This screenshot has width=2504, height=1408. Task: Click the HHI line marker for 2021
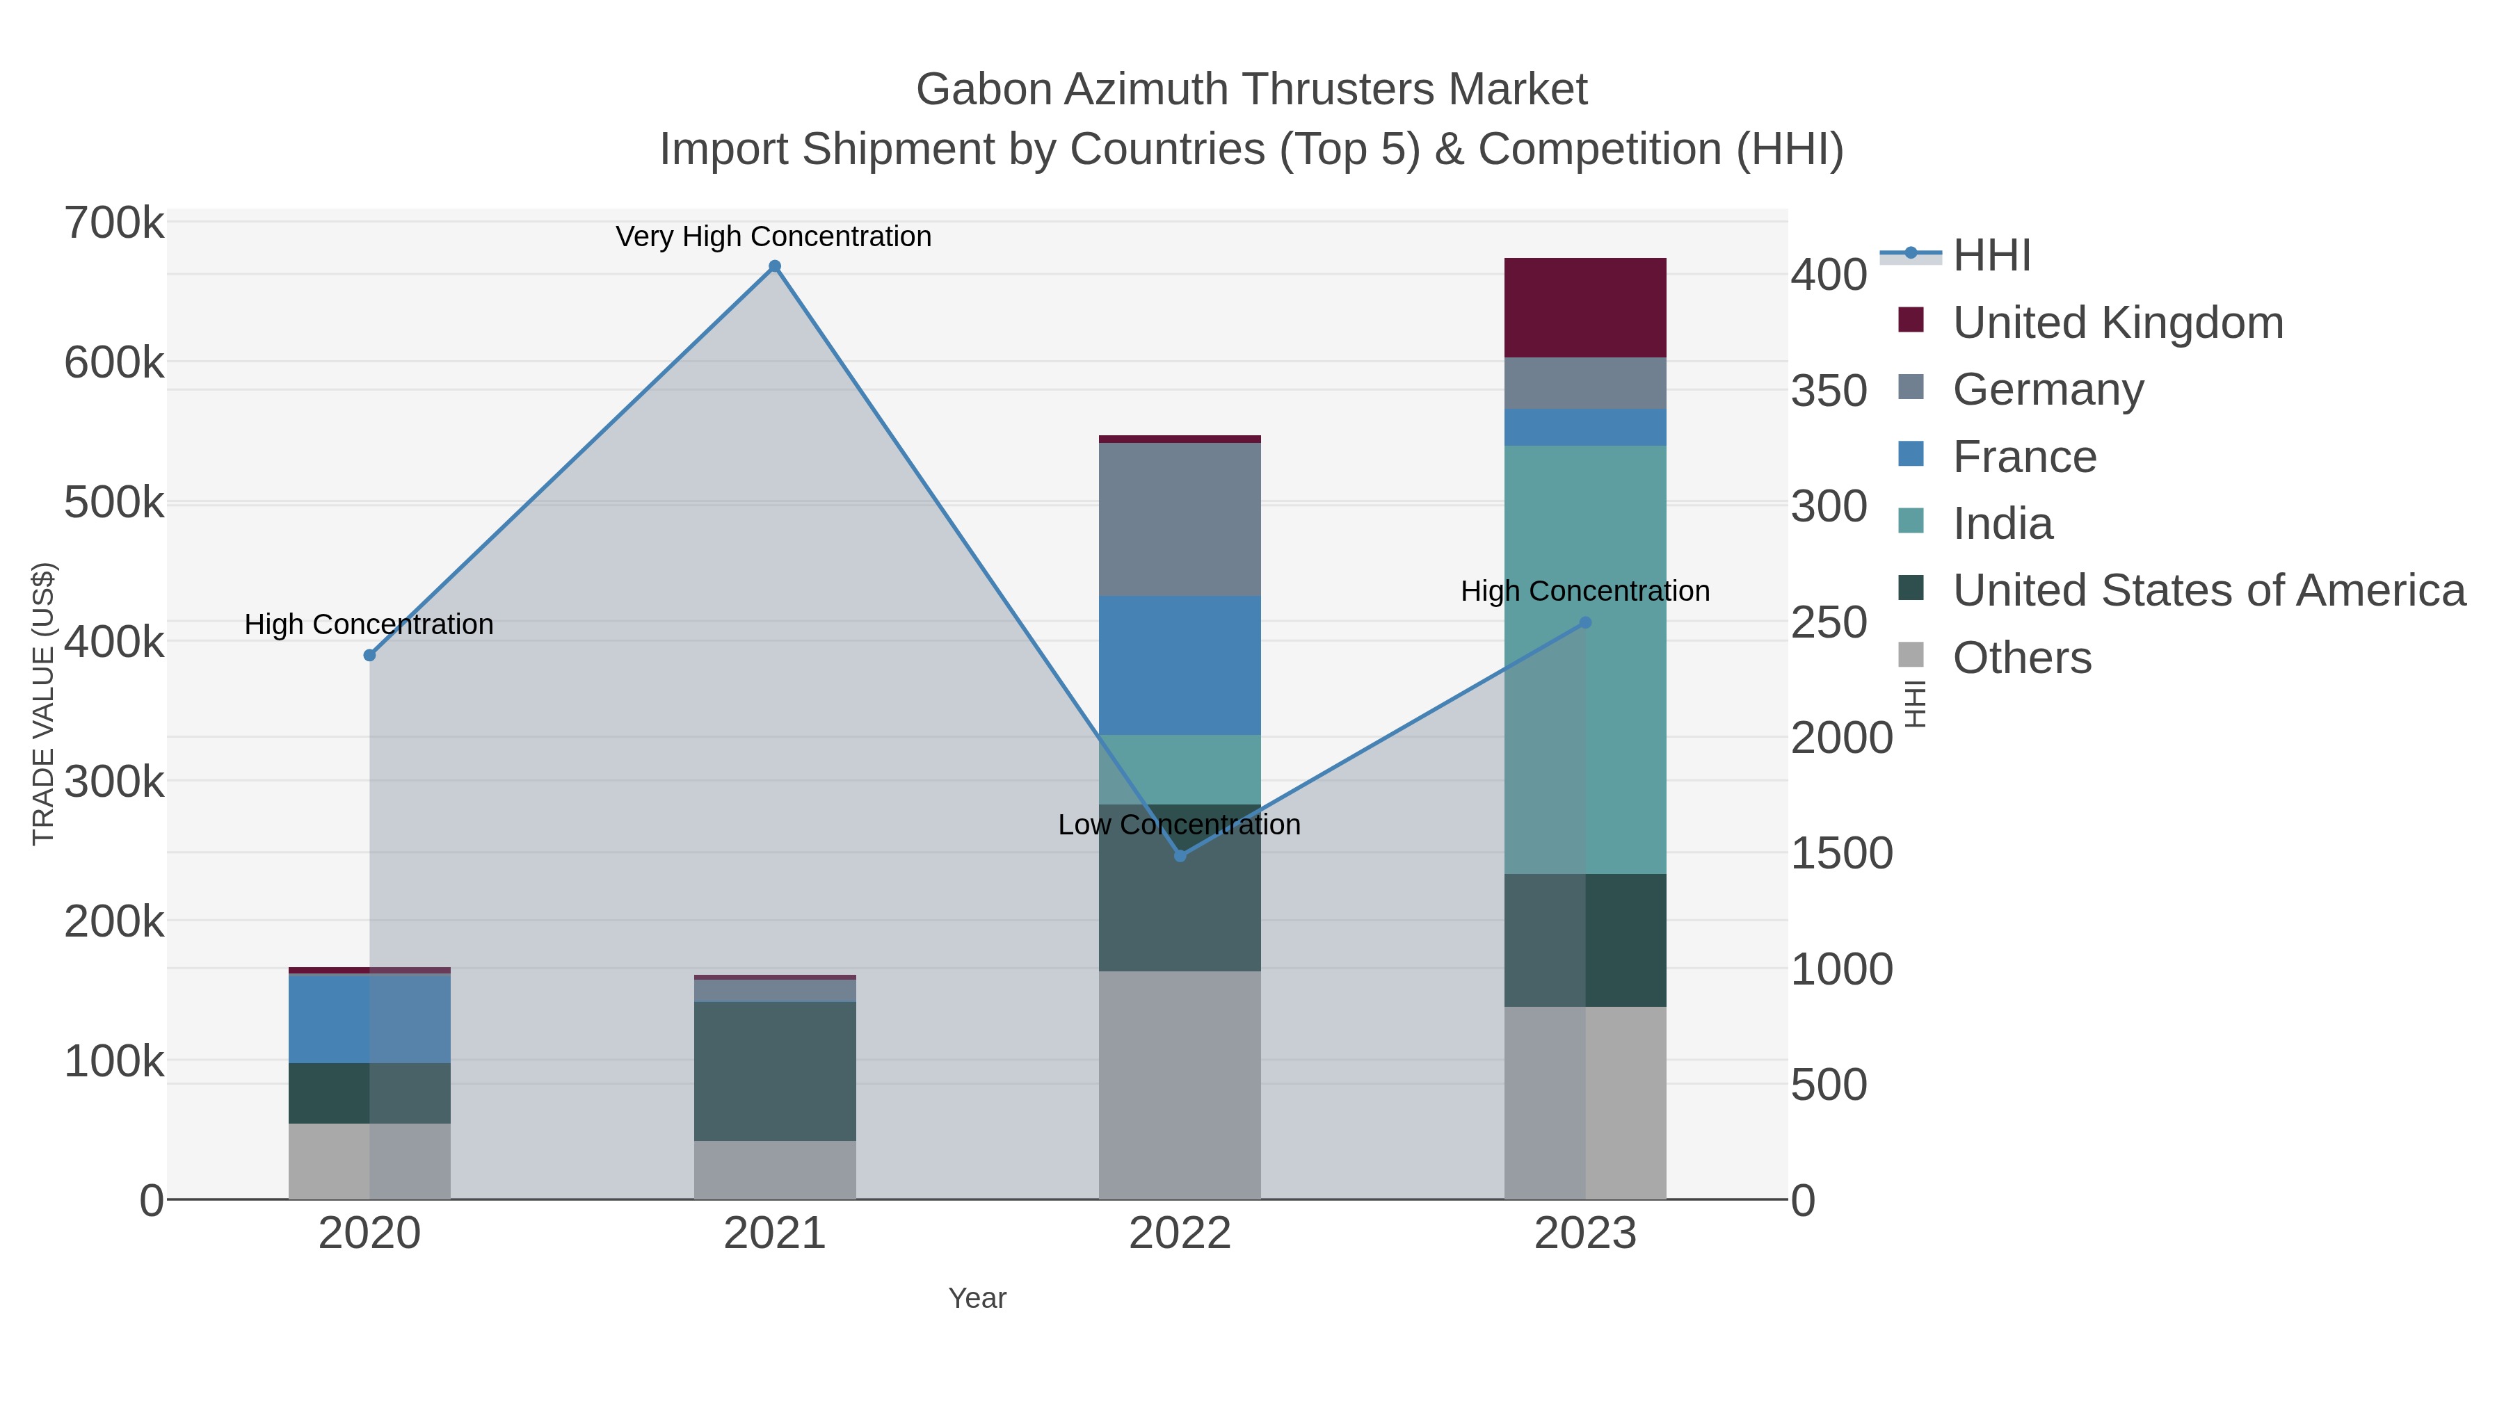click(775, 266)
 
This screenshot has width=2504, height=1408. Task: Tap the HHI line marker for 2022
click(1180, 855)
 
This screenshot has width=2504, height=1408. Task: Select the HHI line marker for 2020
click(369, 655)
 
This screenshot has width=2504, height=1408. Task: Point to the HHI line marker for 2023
click(1585, 622)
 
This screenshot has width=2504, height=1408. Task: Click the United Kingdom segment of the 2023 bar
click(1585, 307)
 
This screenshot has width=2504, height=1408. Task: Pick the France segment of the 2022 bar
click(1180, 665)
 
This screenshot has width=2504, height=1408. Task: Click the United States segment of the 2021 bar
click(775, 1071)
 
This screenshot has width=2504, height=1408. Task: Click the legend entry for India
click(2003, 524)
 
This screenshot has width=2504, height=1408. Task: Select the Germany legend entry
click(2047, 389)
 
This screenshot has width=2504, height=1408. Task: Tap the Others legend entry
click(2022, 658)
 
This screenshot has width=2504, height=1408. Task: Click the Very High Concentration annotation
click(773, 236)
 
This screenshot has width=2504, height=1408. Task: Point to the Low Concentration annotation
click(1179, 825)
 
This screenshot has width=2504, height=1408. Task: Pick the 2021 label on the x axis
click(775, 1233)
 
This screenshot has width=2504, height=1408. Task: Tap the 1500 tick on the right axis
click(1841, 853)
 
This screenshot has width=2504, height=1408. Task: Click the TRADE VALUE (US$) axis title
click(44, 704)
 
